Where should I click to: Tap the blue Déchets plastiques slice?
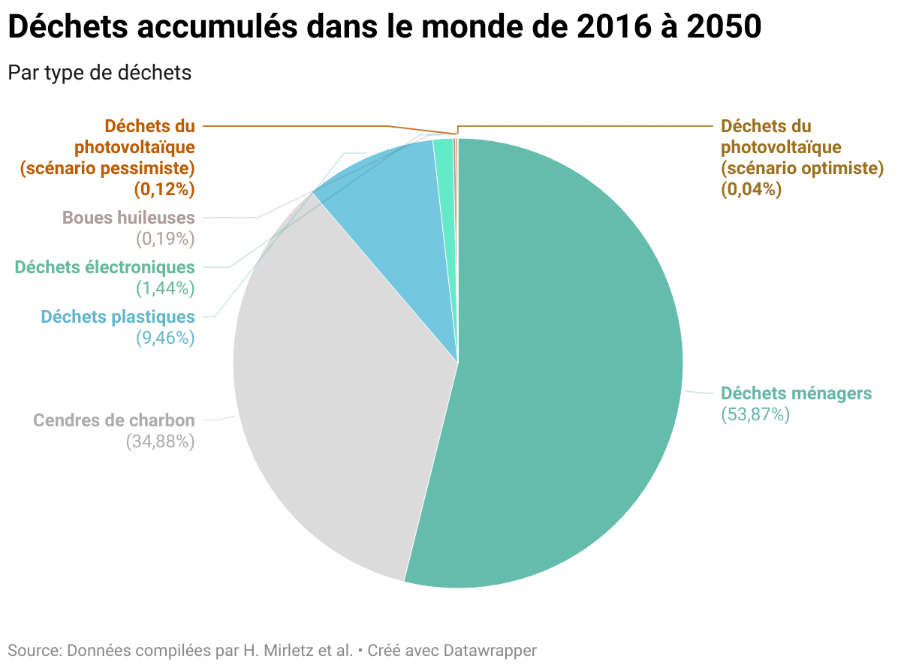390,218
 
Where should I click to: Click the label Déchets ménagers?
796,393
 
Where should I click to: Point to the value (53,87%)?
755,414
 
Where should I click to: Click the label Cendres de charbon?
114,420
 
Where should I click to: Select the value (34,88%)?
161,441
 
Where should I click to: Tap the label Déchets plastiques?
118,317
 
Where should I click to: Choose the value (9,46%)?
165,338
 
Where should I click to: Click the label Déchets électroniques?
105,267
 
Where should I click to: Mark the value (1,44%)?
165,288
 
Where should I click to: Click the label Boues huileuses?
128,218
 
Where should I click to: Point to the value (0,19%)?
165,239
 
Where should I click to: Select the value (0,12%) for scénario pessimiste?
165,189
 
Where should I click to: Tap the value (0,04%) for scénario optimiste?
752,189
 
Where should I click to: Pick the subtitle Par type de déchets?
100,73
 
